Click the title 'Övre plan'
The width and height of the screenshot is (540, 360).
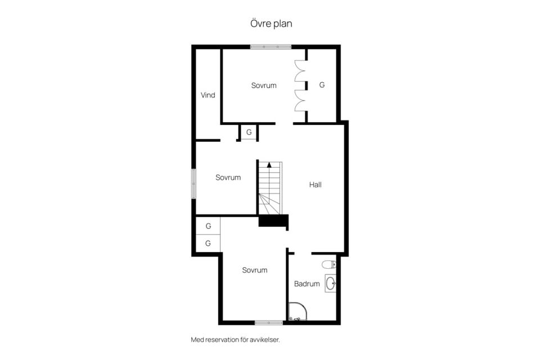(x=271, y=24)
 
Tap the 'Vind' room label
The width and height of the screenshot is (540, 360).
(x=208, y=95)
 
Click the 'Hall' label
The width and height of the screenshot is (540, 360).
(x=315, y=184)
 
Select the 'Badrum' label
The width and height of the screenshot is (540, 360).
(x=307, y=284)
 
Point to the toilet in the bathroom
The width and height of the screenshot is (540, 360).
(x=329, y=264)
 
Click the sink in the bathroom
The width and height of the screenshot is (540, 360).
(x=331, y=283)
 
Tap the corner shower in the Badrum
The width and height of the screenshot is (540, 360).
(x=297, y=312)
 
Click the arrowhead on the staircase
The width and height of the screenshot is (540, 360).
(x=269, y=165)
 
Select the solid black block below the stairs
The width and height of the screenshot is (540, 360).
(x=273, y=220)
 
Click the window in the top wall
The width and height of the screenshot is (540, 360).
(x=271, y=47)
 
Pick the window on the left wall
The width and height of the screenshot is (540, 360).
(x=193, y=183)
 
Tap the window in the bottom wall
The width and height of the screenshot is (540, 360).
(x=269, y=323)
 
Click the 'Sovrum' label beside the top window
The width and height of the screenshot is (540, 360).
(x=264, y=85)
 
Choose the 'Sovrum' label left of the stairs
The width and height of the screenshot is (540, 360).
(x=228, y=177)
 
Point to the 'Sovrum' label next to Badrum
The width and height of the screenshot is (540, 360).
(x=254, y=270)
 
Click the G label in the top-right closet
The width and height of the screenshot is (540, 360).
(x=322, y=85)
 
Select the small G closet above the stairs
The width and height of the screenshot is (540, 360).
(x=249, y=132)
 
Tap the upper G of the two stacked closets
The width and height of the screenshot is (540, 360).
(x=208, y=226)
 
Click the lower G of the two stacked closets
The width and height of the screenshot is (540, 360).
(x=208, y=243)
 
